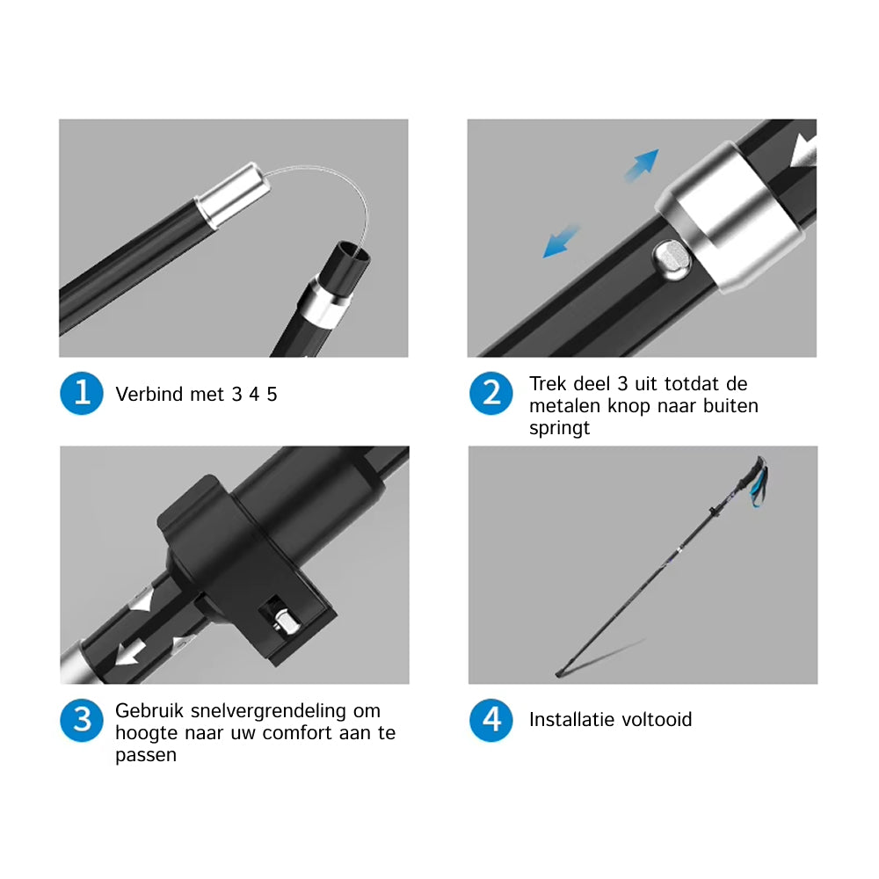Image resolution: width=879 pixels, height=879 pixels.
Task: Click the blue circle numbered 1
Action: click(82, 393)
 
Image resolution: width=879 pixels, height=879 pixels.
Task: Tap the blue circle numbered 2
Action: click(491, 393)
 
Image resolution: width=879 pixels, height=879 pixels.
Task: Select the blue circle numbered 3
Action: click(82, 721)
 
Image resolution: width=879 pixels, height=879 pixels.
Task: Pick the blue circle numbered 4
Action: click(491, 721)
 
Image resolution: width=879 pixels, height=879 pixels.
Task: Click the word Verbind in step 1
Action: click(149, 394)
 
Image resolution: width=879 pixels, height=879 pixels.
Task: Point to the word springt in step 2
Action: click(559, 428)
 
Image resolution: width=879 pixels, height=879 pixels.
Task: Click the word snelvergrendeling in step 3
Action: click(268, 711)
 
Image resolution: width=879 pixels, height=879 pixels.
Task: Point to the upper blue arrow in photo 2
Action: click(643, 164)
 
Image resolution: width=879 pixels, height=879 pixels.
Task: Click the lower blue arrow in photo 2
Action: click(560, 242)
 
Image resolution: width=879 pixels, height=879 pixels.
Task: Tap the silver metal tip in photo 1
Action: click(233, 194)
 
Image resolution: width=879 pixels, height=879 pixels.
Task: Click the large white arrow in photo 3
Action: click(131, 652)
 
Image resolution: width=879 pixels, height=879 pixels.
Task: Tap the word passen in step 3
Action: click(146, 755)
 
